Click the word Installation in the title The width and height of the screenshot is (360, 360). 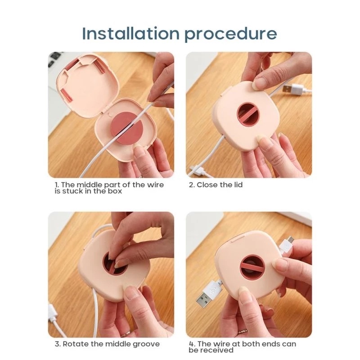click(x=130, y=33)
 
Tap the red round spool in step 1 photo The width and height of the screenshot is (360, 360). click(x=127, y=128)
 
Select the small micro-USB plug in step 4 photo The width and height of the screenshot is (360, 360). click(x=287, y=244)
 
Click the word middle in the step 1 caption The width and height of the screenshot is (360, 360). click(x=90, y=184)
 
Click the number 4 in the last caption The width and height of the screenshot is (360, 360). click(x=191, y=344)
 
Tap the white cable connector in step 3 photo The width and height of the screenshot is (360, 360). click(x=53, y=313)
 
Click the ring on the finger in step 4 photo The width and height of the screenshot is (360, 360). click(x=243, y=331)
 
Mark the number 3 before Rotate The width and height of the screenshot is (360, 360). click(x=57, y=344)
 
